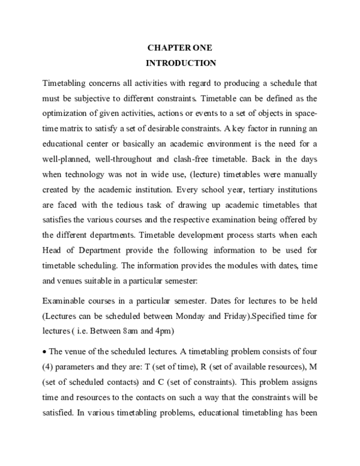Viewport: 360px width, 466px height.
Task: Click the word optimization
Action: point(70,113)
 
